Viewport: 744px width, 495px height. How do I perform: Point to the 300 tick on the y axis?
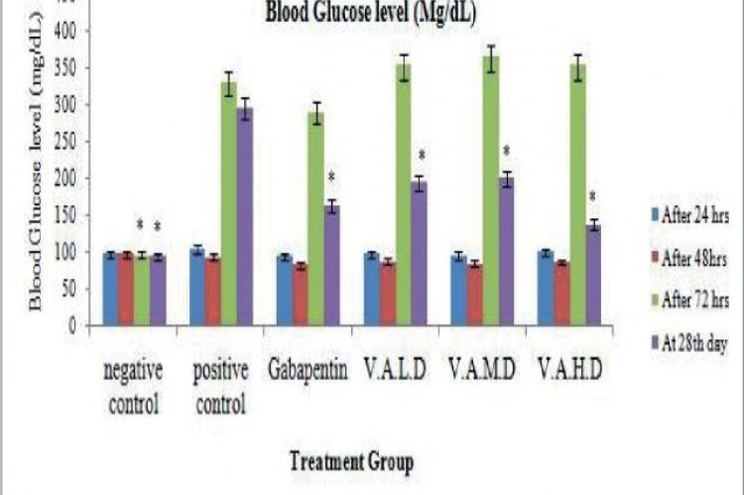(x=67, y=105)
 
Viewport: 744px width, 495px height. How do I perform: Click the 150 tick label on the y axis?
(x=67, y=215)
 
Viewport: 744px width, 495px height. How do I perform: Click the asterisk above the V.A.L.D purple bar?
(x=421, y=156)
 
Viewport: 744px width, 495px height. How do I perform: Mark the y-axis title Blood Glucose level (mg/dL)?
(x=36, y=179)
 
